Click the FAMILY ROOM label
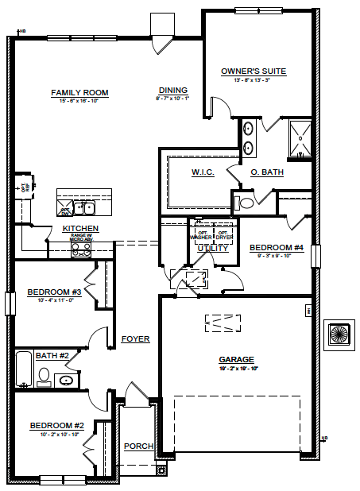[79, 93]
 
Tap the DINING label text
[172, 91]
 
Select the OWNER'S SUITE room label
[253, 72]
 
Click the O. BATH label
[267, 172]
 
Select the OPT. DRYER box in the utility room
[223, 235]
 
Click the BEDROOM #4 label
[277, 248]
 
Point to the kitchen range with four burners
[81, 248]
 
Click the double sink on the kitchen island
[83, 208]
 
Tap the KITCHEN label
[80, 229]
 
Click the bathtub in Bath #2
[24, 370]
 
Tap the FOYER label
[135, 339]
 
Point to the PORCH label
[138, 446]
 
